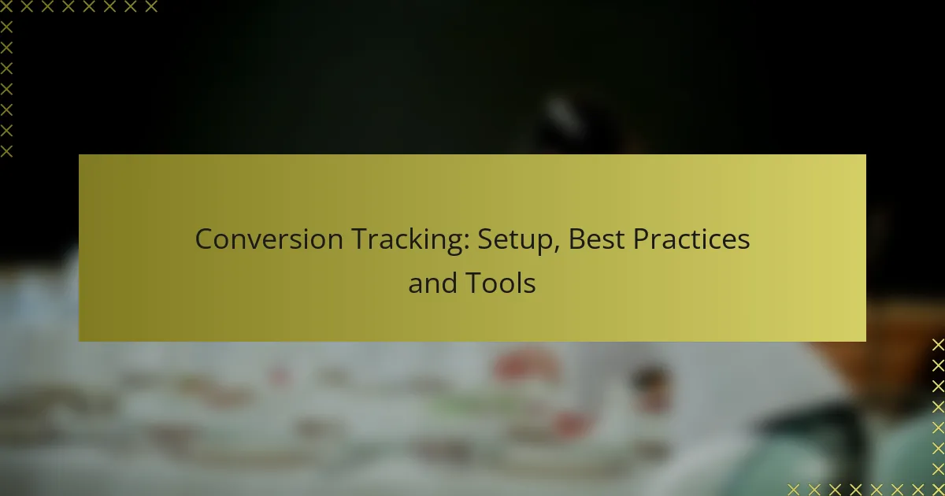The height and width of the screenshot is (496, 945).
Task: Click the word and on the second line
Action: [x=431, y=283]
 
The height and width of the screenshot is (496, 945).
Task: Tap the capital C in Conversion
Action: [x=203, y=239]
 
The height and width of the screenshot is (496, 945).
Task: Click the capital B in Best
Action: [x=576, y=239]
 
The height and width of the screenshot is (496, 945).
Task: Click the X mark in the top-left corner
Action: [x=6, y=7]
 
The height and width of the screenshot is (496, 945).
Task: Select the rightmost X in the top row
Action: [x=150, y=7]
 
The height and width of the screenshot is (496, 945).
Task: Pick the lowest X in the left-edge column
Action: [x=6, y=150]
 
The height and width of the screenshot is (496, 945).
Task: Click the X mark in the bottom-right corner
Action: [x=937, y=489]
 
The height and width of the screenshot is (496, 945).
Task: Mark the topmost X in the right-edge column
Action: [x=937, y=345]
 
